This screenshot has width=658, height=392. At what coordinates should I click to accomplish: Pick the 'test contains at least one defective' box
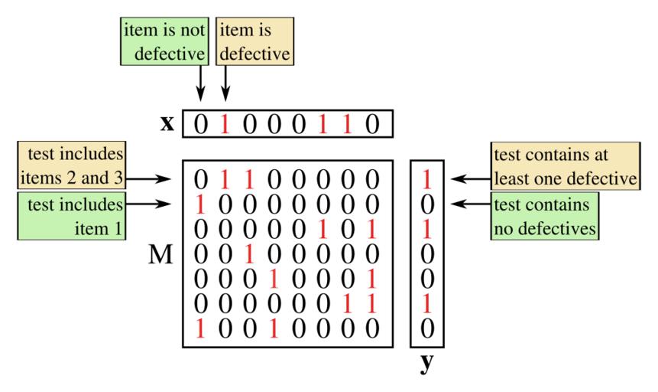[566, 167]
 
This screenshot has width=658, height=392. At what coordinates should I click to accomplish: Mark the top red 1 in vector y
[428, 181]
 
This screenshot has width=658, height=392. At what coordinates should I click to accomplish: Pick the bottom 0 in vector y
[428, 328]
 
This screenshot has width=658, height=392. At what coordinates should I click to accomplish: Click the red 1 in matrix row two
[200, 205]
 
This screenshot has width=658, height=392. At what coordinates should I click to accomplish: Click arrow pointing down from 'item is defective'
[225, 83]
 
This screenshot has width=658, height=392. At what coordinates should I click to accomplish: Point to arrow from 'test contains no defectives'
[471, 204]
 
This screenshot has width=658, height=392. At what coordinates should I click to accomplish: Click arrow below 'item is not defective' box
[200, 83]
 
